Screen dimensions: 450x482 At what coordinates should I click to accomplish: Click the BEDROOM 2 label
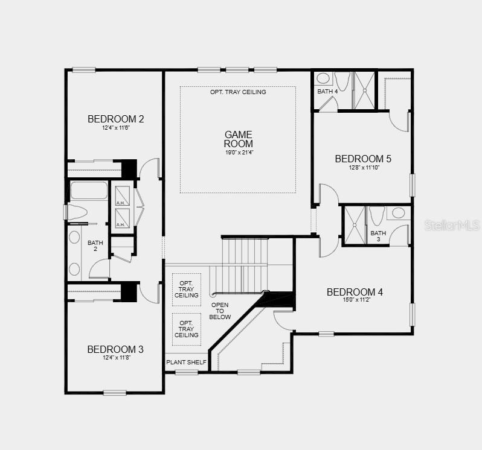coord(116,119)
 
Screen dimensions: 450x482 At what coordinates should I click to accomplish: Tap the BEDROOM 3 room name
coord(115,349)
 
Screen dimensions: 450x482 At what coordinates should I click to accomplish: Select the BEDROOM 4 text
coord(355,292)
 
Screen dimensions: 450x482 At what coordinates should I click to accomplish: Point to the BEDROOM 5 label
coord(363,159)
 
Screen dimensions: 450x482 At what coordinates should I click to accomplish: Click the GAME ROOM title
coord(238,139)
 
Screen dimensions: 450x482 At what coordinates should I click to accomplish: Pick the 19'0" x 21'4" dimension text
coord(238,153)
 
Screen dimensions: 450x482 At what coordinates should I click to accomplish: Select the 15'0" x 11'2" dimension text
coord(355,300)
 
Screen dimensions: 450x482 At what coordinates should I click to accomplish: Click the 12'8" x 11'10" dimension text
coord(363,167)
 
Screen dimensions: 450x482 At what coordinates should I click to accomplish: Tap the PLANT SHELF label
coord(186,363)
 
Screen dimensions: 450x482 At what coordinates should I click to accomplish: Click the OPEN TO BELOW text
coord(220,311)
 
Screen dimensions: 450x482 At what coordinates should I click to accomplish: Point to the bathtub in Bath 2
coord(89,191)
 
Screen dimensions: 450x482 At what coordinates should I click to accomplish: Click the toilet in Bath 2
coord(77,212)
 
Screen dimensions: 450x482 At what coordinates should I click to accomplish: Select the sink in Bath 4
coord(323,78)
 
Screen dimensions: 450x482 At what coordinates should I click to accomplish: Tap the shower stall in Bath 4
coord(364,90)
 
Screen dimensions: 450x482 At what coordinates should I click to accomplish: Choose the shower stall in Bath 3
coord(353,226)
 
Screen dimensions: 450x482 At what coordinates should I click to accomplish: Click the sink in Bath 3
coord(398,212)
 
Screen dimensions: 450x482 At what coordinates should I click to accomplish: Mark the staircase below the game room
coord(245,264)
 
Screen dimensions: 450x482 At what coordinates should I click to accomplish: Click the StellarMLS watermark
coord(452,225)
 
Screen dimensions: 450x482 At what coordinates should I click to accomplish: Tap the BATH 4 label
coord(327,92)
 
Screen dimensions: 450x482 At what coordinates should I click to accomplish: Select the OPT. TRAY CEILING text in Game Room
coord(238,92)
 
